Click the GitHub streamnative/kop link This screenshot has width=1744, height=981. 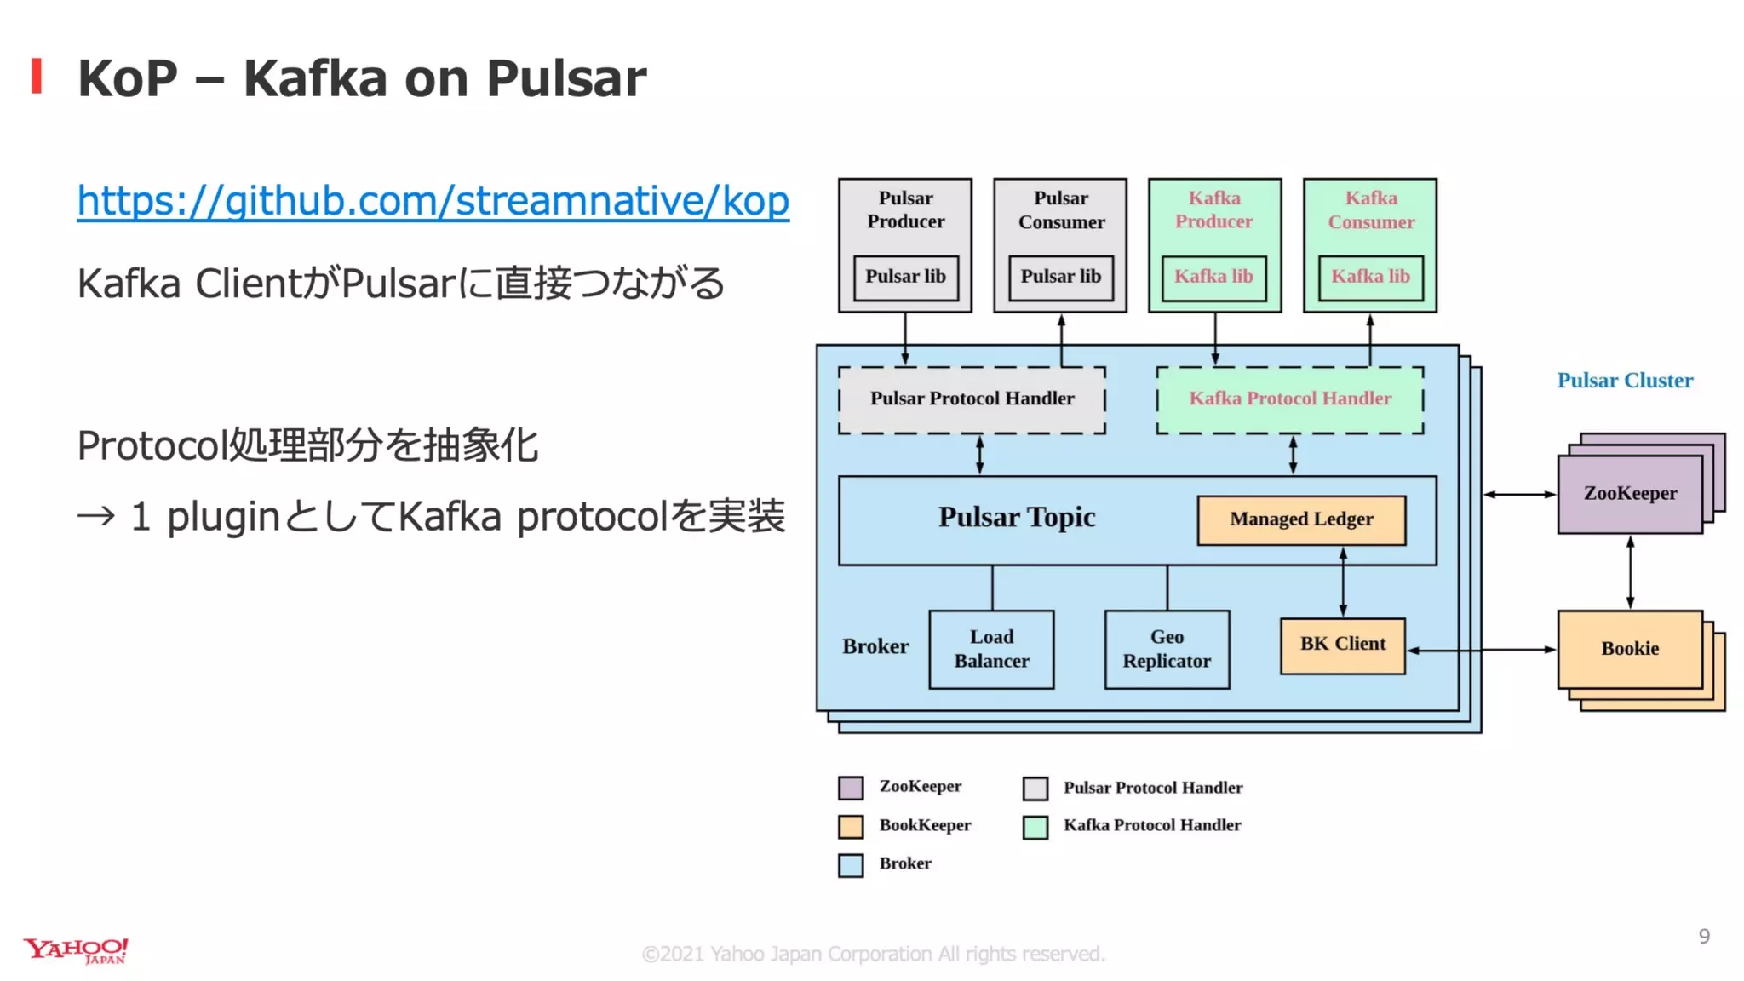pyautogui.click(x=433, y=201)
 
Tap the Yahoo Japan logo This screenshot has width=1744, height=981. pyautogui.click(x=76, y=950)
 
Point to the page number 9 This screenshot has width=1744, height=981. pyautogui.click(x=1703, y=937)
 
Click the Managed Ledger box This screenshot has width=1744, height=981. pyautogui.click(x=1300, y=519)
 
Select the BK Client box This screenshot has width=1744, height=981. pyautogui.click(x=1342, y=645)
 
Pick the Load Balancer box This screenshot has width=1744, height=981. pyautogui.click(x=991, y=649)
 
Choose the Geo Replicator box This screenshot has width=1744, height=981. pyautogui.click(x=1167, y=649)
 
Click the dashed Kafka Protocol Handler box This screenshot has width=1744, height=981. pyautogui.click(x=1289, y=399)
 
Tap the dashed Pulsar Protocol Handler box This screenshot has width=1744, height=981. pyautogui.click(x=972, y=399)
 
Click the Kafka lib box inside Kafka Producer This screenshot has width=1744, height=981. pyautogui.click(x=1213, y=278)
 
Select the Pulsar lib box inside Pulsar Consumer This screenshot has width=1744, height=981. pyautogui.click(x=1060, y=278)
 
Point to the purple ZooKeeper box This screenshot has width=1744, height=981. pyautogui.click(x=1629, y=494)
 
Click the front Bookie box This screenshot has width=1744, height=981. pyautogui.click(x=1629, y=649)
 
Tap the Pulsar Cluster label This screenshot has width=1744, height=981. pyautogui.click(x=1624, y=381)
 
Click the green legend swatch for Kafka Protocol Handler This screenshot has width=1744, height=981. pyautogui.click(x=1035, y=827)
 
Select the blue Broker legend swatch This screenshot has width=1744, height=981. pyautogui.click(x=850, y=865)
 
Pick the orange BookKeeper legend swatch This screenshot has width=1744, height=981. pyautogui.click(x=850, y=827)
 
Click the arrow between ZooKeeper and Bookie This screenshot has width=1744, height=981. pyautogui.click(x=1630, y=572)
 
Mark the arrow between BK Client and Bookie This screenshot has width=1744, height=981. pyautogui.click(x=1482, y=650)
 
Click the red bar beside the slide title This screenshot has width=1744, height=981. pyautogui.click(x=37, y=76)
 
